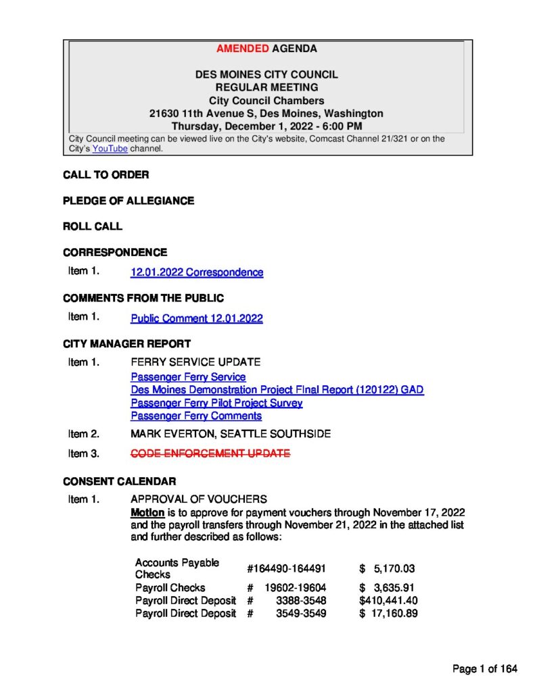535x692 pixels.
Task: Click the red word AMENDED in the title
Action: click(242, 49)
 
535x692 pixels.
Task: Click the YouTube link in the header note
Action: click(110, 149)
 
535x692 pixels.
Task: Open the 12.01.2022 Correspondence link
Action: click(197, 272)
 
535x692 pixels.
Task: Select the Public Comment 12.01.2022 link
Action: click(197, 318)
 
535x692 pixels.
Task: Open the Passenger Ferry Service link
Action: click(188, 377)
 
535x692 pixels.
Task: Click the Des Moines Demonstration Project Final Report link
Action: click(277, 390)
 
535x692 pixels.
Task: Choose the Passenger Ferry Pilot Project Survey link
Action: click(216, 403)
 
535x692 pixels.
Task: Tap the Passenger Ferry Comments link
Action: click(196, 416)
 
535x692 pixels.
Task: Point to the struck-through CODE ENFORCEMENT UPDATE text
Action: click(210, 453)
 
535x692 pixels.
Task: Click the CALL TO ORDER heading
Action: click(106, 175)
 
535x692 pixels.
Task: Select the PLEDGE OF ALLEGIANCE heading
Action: click(129, 201)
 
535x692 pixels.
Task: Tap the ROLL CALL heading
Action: click(93, 226)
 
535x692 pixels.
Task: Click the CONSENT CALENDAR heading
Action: click(120, 482)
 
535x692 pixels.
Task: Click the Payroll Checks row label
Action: click(170, 587)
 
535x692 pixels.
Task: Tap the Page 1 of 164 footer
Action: click(485, 669)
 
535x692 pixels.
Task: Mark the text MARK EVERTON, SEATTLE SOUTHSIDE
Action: click(231, 434)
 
